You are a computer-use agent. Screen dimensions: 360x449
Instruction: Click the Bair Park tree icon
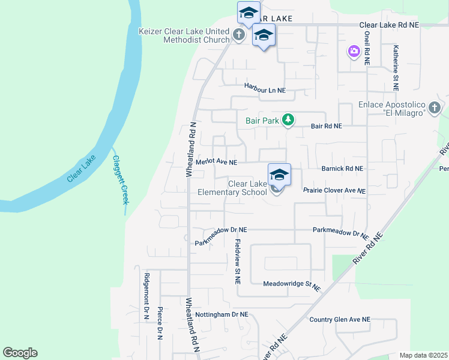point(288,120)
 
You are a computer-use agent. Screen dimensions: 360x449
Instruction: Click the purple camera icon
point(354,52)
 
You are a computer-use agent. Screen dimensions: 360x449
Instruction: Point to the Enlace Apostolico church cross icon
point(435,109)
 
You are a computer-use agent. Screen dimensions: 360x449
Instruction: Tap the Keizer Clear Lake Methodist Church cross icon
point(239,35)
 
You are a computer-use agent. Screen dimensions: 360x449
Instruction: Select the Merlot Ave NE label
point(217,162)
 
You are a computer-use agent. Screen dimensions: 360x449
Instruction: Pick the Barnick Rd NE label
point(342,169)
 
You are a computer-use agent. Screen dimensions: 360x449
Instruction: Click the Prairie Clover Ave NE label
point(334,190)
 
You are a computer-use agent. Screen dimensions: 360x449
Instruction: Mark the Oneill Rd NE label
point(366,48)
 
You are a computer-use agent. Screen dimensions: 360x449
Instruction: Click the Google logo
point(20,353)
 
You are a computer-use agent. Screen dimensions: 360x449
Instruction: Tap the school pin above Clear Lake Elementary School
point(279,175)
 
